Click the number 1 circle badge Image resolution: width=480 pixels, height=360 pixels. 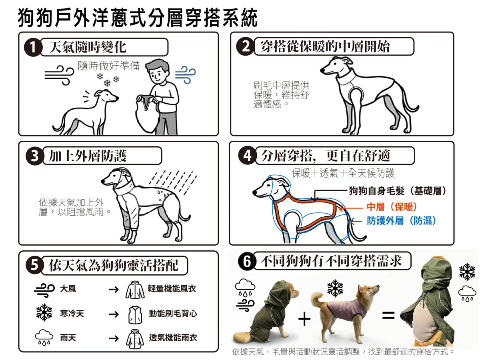(33, 47)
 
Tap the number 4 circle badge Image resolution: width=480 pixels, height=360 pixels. (247, 156)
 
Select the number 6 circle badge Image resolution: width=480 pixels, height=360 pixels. (247, 261)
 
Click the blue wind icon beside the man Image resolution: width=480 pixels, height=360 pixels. (186, 75)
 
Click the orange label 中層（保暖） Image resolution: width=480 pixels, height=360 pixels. (392, 206)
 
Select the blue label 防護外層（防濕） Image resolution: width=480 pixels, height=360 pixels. (402, 221)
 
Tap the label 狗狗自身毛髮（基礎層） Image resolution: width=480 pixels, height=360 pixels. (397, 191)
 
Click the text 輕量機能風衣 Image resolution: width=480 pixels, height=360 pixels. (172, 288)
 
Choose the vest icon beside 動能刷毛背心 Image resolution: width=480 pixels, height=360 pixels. (135, 315)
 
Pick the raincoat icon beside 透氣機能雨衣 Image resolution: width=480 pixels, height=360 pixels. (135, 339)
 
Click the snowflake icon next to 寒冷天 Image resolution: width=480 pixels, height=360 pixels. (44, 312)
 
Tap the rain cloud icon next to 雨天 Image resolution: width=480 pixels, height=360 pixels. (44, 338)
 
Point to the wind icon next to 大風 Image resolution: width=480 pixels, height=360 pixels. (44, 290)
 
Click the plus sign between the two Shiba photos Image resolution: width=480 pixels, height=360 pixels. (304, 319)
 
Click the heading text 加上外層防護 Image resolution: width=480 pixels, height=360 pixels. (88, 156)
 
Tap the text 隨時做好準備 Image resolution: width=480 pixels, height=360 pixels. (109, 66)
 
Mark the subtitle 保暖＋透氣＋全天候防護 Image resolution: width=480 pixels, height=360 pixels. (343, 173)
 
